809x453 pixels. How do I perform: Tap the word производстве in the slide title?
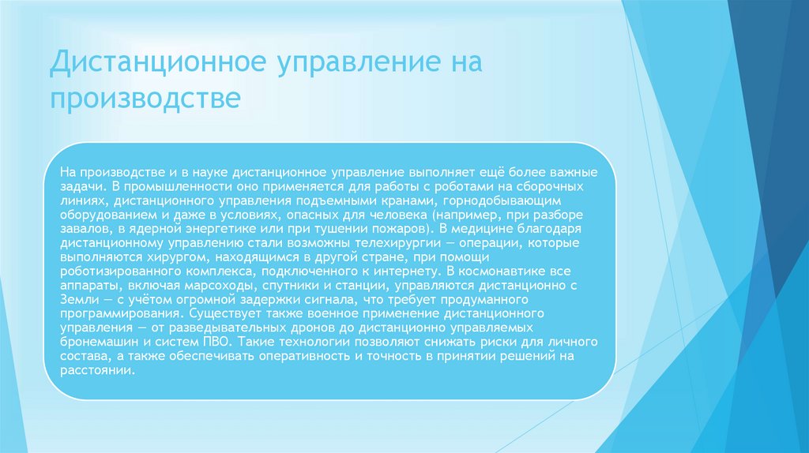(145, 99)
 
